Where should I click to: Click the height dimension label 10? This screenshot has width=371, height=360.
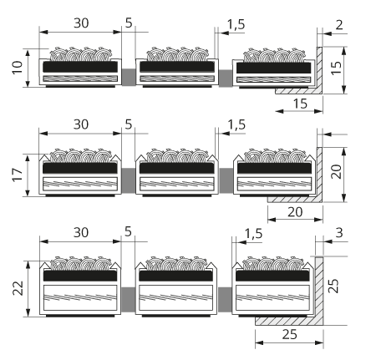click(x=18, y=68)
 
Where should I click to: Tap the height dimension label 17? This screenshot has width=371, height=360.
click(x=18, y=175)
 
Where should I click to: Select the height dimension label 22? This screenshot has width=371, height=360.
click(x=18, y=288)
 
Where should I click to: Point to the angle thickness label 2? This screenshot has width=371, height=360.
click(x=339, y=25)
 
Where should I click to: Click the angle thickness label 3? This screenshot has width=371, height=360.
click(x=339, y=233)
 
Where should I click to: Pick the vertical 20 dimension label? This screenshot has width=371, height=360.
click(x=337, y=171)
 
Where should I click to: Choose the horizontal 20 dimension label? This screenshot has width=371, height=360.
click(x=295, y=212)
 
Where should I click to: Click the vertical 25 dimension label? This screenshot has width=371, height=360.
click(x=333, y=286)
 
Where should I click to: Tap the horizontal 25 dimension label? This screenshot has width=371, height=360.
click(x=290, y=334)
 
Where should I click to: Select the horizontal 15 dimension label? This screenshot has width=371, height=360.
click(x=300, y=104)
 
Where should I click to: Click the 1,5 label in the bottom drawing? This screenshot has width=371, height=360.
click(x=253, y=234)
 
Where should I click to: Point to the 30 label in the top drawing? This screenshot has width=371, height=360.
click(x=81, y=23)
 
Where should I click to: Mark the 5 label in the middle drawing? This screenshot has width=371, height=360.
click(x=129, y=124)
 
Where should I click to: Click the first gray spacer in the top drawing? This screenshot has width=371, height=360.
click(x=129, y=77)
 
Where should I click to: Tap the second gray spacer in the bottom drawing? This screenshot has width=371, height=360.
click(x=225, y=300)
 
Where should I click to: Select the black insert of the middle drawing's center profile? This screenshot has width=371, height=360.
click(x=177, y=169)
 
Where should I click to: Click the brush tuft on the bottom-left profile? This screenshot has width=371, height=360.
click(x=81, y=264)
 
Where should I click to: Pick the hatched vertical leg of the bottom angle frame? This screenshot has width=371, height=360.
click(x=319, y=291)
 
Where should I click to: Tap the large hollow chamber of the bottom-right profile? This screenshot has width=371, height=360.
click(x=273, y=297)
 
